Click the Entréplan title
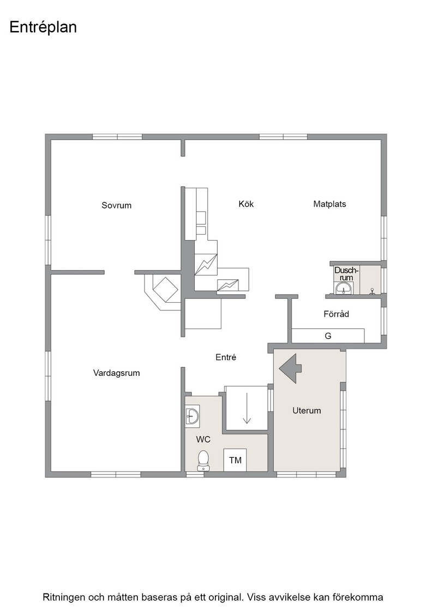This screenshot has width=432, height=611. [43, 28]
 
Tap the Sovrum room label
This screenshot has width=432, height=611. [117, 205]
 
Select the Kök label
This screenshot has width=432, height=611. [246, 204]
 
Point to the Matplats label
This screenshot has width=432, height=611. [329, 204]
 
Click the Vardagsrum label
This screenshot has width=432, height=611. [117, 373]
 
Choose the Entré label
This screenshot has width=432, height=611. [226, 357]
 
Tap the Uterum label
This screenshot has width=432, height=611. [307, 410]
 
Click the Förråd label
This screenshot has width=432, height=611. [336, 314]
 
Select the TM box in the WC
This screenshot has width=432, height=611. [235, 460]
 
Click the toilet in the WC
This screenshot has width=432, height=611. [203, 460]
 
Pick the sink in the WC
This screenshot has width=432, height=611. [192, 416]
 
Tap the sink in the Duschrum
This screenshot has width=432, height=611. [343, 289]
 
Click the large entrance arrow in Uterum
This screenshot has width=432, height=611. [290, 368]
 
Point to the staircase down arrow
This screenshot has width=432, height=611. [247, 408]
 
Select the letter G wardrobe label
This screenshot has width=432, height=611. [328, 336]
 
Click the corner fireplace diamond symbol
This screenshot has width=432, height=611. [166, 289]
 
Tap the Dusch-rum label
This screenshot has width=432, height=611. [346, 273]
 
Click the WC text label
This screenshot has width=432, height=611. [203, 439]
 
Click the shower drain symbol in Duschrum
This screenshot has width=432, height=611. [372, 290]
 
